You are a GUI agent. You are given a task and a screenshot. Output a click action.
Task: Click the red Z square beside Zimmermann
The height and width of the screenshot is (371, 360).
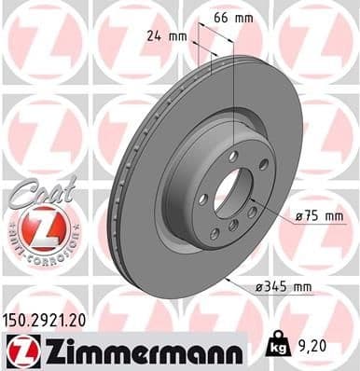click(x=17, y=351)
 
